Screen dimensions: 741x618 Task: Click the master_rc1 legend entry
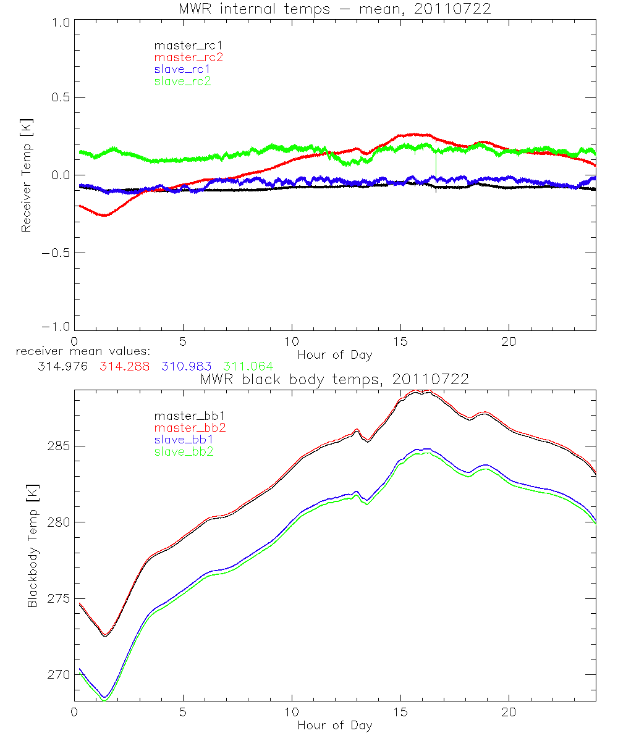[182, 45]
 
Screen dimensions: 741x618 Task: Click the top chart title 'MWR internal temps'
[334, 9]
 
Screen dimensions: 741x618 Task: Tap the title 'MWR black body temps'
[334, 380]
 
